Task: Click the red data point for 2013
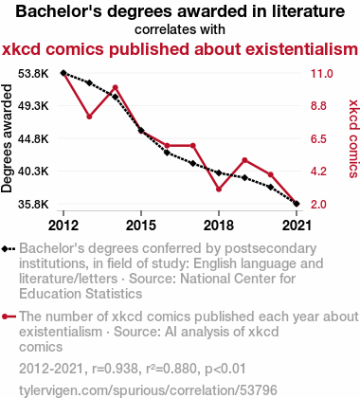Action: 89,117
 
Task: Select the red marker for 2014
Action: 116,87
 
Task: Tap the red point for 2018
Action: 219,190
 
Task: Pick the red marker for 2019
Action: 244,160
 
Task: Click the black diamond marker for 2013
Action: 89,82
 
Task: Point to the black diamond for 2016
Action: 167,153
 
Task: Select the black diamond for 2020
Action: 271,188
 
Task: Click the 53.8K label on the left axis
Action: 33,74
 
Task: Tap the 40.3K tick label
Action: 33,172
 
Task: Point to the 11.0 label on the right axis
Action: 322,74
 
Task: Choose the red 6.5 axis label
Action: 318,138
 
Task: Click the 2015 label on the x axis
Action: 141,226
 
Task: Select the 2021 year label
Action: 297,226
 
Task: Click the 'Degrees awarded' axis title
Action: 7,138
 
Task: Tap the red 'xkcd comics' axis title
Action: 353,138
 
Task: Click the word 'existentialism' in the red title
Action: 276,49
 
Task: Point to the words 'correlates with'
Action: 180,29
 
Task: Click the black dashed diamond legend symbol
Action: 9,249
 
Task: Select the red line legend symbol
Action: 9,317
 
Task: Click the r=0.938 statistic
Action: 115,369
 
